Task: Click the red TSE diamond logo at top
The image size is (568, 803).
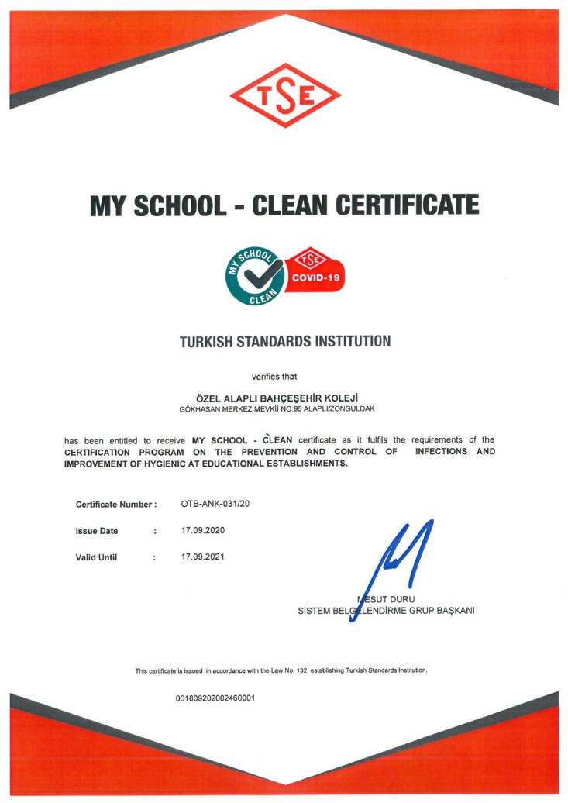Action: [285, 96]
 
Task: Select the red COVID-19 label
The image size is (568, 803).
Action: [315, 277]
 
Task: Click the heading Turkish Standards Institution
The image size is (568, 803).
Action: [285, 341]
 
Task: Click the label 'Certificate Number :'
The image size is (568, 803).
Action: [116, 505]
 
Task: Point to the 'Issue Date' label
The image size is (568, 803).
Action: [97, 531]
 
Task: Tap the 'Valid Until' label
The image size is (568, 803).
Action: [96, 557]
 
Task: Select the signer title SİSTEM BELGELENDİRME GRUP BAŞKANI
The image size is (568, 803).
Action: [386, 610]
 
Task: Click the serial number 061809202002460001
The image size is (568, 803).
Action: [215, 698]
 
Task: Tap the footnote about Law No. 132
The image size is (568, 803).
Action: [281, 670]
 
